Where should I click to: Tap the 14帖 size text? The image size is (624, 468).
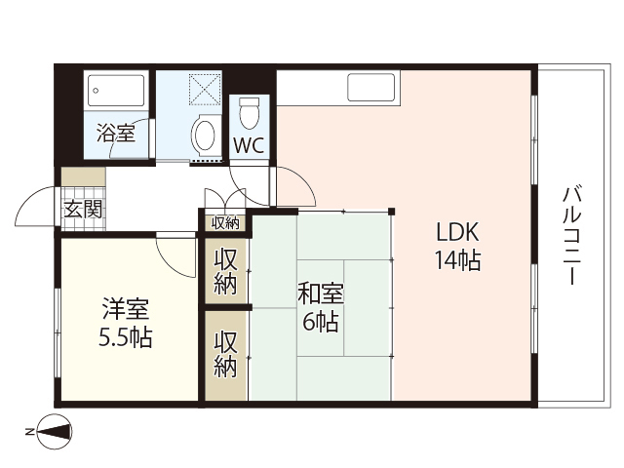pyautogui.click(x=456, y=260)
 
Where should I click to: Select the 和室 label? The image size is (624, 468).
pyautogui.click(x=320, y=293)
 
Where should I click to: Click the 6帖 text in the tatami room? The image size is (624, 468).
pyautogui.click(x=320, y=322)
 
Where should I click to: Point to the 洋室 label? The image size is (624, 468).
pyautogui.click(x=126, y=312)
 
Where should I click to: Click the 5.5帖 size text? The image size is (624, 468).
pyautogui.click(x=125, y=339)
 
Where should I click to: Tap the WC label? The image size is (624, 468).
pyautogui.click(x=249, y=147)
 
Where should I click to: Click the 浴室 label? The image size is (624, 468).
pyautogui.click(x=115, y=133)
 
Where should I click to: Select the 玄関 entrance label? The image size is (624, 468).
pyautogui.click(x=82, y=209)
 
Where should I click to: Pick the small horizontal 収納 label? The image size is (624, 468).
pyautogui.click(x=225, y=223)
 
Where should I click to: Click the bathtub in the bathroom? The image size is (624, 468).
pyautogui.click(x=116, y=92)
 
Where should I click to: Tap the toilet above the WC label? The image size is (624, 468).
pyautogui.click(x=250, y=111)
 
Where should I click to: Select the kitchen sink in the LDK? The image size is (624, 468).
pyautogui.click(x=371, y=87)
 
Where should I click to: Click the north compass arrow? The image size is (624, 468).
pyautogui.click(x=56, y=430)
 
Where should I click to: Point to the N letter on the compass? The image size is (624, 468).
pyautogui.click(x=29, y=430)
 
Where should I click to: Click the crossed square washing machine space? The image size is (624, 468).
pyautogui.click(x=207, y=91)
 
